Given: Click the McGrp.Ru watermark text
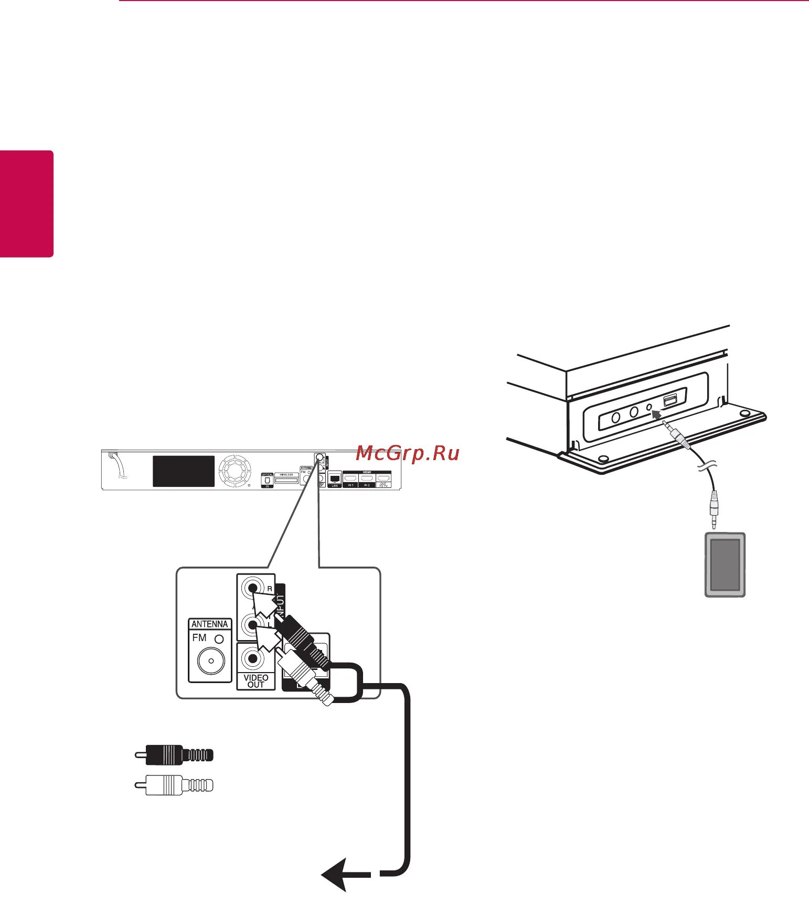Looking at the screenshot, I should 407,453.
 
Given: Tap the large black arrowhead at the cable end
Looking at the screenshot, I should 336,874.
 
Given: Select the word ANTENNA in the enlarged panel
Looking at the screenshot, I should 209,624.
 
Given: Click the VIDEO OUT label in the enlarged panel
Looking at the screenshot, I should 256,681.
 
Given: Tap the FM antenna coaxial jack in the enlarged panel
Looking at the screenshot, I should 211,661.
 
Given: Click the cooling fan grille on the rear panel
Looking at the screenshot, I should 235,471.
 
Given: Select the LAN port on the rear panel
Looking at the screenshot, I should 334,478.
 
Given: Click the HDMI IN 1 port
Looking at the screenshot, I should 350,478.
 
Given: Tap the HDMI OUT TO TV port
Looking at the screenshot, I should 384,478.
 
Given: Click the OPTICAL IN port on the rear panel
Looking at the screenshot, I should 267,480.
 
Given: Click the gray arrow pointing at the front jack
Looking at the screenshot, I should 656,416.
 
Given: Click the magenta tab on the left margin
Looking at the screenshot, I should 27,204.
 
